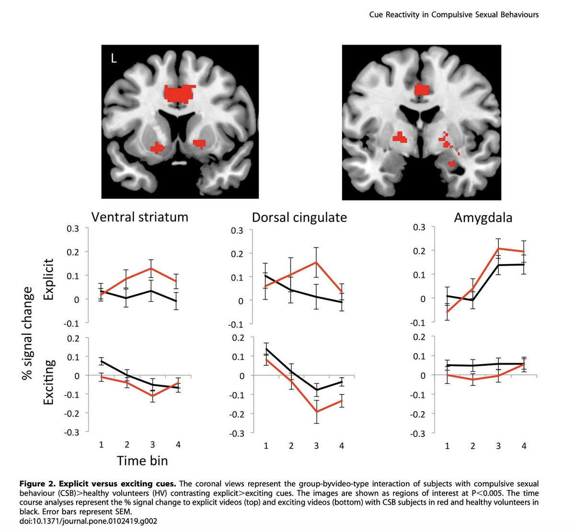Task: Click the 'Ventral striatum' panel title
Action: coord(139,217)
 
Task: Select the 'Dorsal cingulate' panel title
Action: coord(299,218)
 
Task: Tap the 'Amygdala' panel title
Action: coord(483,218)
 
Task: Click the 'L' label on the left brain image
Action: coord(114,59)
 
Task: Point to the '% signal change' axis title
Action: coord(28,334)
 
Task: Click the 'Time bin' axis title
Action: coord(142,461)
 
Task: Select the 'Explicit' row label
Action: coord(49,279)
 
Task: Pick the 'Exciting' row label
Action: coord(49,382)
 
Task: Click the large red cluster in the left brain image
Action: coord(179,93)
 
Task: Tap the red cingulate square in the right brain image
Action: coord(422,89)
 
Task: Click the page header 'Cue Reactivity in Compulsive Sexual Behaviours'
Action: coord(454,14)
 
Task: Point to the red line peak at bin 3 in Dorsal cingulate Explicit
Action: coord(316,262)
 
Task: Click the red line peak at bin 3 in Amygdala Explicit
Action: coord(498,248)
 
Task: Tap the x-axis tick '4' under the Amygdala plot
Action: coord(524,446)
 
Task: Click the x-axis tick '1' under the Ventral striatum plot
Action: coord(102,445)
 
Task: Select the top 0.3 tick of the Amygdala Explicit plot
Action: coord(419,227)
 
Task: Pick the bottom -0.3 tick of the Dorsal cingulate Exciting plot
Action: coord(236,433)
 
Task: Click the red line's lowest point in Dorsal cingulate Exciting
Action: coord(316,412)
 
